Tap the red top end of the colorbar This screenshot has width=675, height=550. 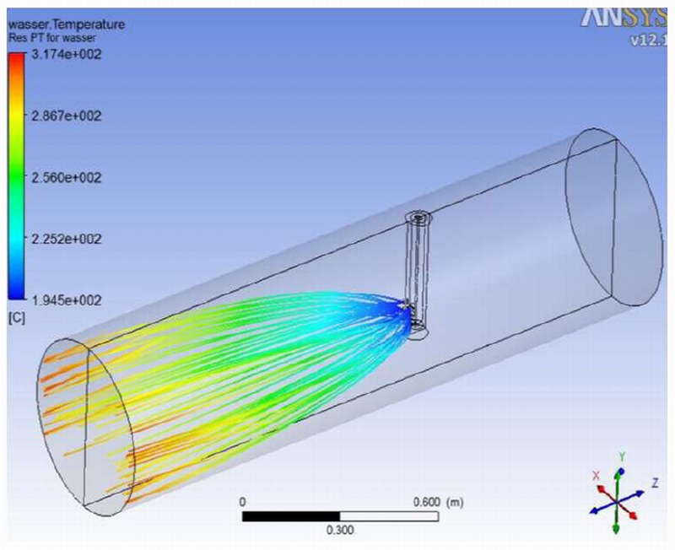click(x=16, y=59)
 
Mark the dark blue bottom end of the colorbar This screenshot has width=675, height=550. click(x=16, y=294)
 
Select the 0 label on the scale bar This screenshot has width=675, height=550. click(x=243, y=501)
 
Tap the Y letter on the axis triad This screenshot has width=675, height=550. click(x=621, y=456)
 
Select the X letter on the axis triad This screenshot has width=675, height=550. click(x=596, y=476)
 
